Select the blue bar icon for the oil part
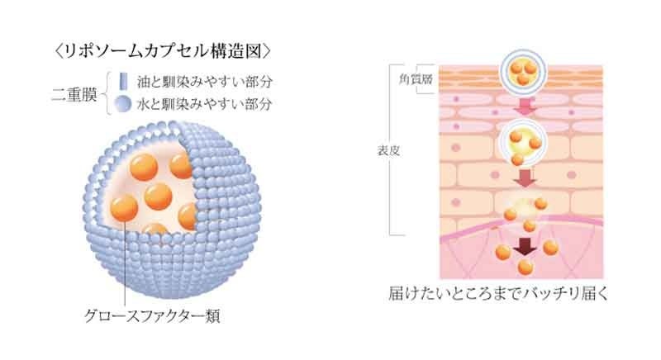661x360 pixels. (x=121, y=82)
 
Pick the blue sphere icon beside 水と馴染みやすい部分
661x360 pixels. (x=121, y=104)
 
